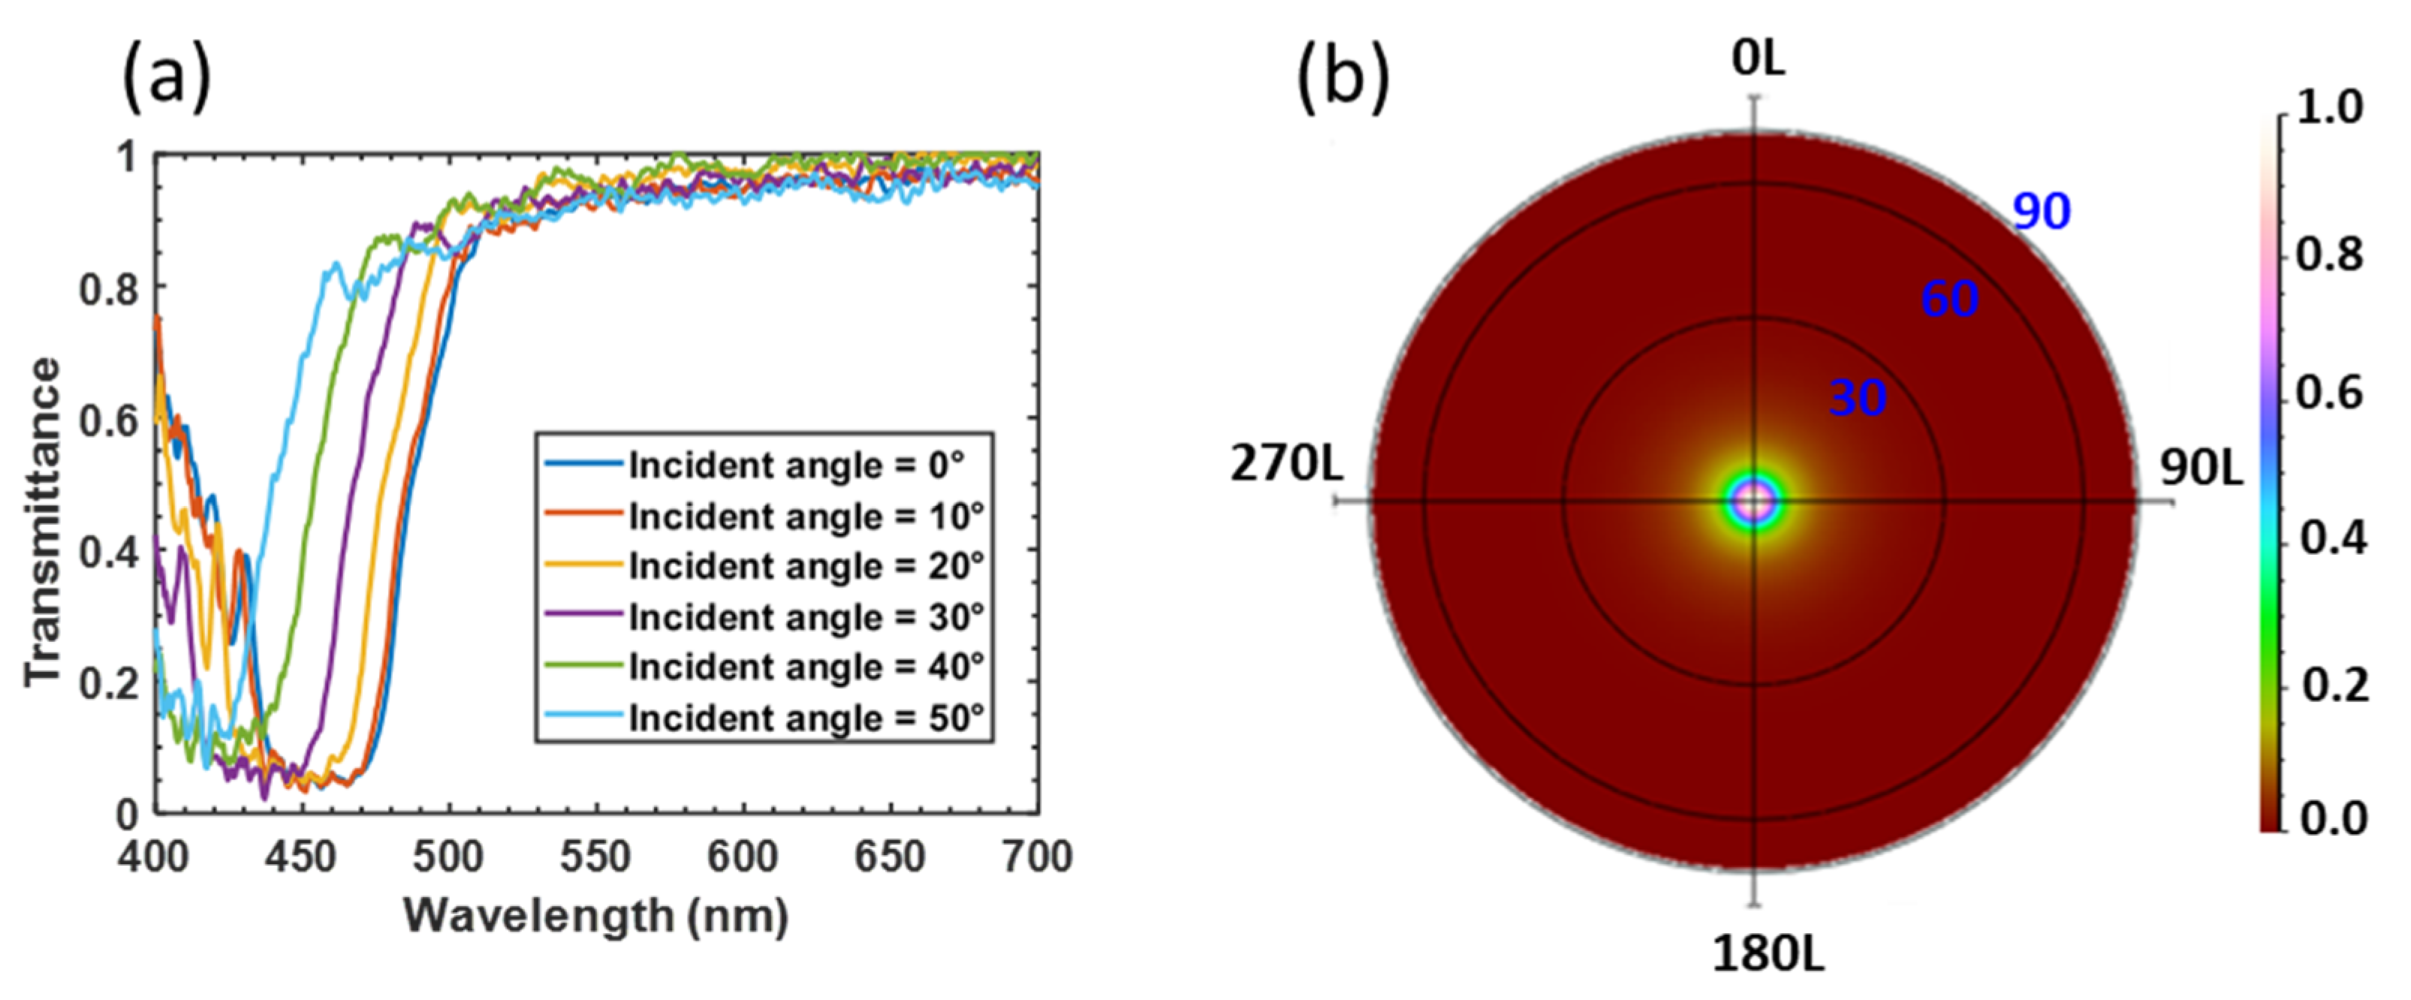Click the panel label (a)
pyautogui.click(x=167, y=80)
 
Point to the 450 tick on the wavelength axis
pyautogui.click(x=300, y=857)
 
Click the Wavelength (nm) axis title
pyautogui.click(x=596, y=916)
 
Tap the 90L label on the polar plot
pyautogui.click(x=2202, y=468)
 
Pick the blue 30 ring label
pyautogui.click(x=1857, y=399)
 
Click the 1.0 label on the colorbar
pyautogui.click(x=2328, y=109)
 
